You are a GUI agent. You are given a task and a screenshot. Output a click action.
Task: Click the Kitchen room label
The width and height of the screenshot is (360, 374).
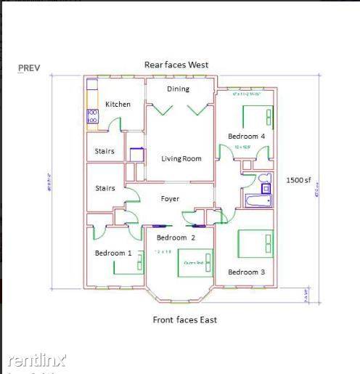(x=118, y=104)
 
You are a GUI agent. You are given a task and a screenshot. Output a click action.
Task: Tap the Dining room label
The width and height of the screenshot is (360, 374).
(x=178, y=89)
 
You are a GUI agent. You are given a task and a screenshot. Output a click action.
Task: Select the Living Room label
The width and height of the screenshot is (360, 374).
(x=181, y=158)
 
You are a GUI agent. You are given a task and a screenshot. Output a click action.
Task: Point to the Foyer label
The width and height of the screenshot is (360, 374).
(x=170, y=198)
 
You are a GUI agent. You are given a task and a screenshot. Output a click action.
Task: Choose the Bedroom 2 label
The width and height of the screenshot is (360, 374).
(x=176, y=237)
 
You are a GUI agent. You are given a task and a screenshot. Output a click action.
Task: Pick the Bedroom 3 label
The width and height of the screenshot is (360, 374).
(x=246, y=272)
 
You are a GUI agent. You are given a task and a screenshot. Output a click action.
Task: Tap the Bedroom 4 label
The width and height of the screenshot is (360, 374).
(x=246, y=136)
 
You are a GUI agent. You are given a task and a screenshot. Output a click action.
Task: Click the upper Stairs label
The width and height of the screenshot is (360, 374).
(x=105, y=152)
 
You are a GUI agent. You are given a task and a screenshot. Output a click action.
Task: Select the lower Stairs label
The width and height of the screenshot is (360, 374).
(x=105, y=188)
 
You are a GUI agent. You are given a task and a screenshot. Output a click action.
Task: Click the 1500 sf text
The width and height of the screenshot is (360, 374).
(x=298, y=179)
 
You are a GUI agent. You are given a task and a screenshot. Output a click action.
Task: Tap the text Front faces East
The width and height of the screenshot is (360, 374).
(x=184, y=320)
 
